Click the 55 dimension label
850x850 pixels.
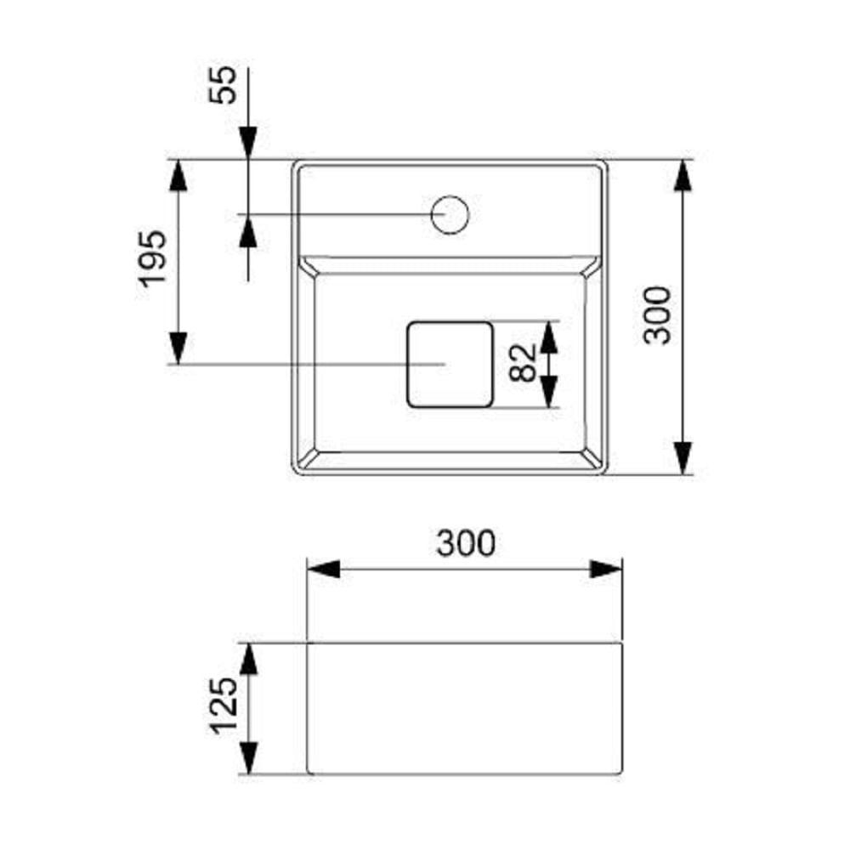224,84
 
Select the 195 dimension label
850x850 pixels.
152,259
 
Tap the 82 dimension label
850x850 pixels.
523,364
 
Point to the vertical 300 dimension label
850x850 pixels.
657,315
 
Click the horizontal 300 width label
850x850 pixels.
466,543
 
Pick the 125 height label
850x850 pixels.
224,706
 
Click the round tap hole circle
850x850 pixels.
450,215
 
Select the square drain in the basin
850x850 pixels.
450,365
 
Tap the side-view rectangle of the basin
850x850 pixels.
465,709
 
